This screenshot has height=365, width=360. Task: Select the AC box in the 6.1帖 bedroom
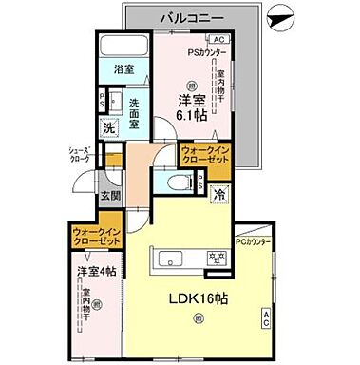pyautogui.click(x=218, y=39)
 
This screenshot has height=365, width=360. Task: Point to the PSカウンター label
pyautogui.click(x=205, y=52)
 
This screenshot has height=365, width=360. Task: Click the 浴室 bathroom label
pyautogui.click(x=124, y=70)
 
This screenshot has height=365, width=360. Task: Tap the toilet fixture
pyautogui.click(x=176, y=183)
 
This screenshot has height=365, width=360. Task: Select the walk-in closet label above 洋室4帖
pyautogui.click(x=97, y=238)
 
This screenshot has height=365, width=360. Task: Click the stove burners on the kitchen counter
pyautogui.click(x=217, y=257)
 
